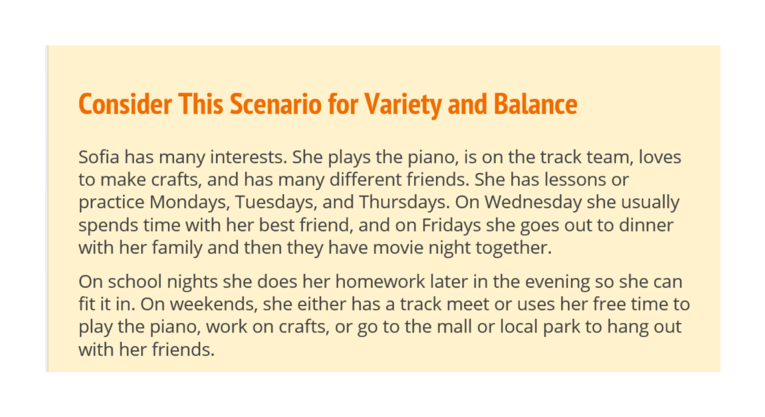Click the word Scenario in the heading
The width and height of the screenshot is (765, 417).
click(x=275, y=104)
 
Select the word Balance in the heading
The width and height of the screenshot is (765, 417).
click(x=535, y=104)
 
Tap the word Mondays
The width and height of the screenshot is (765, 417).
click(x=190, y=202)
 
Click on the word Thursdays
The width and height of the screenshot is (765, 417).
click(x=404, y=202)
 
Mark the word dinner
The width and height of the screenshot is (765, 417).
click(x=646, y=225)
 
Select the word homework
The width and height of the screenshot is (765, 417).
click(x=380, y=282)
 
